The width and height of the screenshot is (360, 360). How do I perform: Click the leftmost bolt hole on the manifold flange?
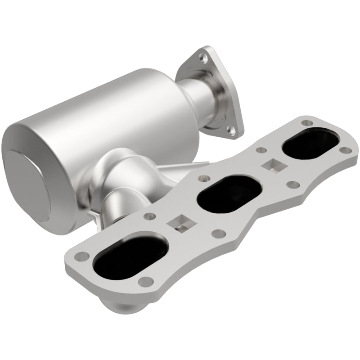tap(81, 256)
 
